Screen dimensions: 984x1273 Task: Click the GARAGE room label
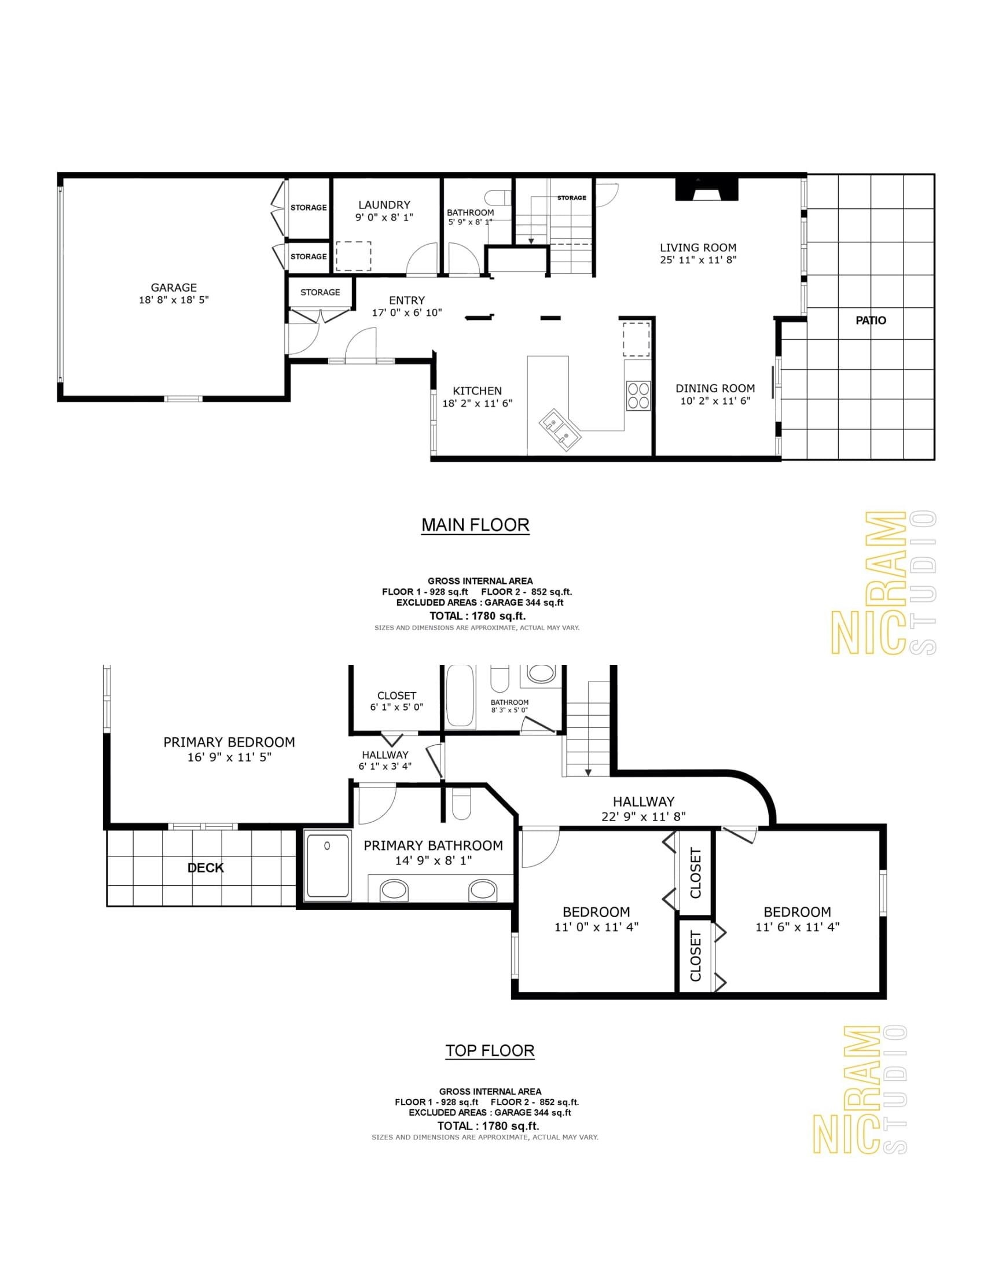pyautogui.click(x=174, y=288)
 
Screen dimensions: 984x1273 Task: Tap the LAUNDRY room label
pyautogui.click(x=384, y=205)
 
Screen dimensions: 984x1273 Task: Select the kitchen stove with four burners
pyautogui.click(x=638, y=395)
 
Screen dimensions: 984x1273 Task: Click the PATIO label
pyautogui.click(x=871, y=320)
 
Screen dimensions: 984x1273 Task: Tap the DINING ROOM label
pyautogui.click(x=715, y=388)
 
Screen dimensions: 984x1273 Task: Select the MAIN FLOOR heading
pyautogui.click(x=476, y=525)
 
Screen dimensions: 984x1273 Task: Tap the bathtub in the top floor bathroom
pyautogui.click(x=461, y=696)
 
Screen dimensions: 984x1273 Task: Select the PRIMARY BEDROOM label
pyautogui.click(x=229, y=742)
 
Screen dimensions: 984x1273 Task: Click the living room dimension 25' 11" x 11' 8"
pyautogui.click(x=699, y=260)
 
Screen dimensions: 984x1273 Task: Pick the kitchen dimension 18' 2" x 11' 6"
pyautogui.click(x=478, y=403)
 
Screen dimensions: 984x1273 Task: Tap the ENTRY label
pyautogui.click(x=407, y=300)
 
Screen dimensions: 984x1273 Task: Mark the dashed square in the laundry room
pyautogui.click(x=354, y=256)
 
